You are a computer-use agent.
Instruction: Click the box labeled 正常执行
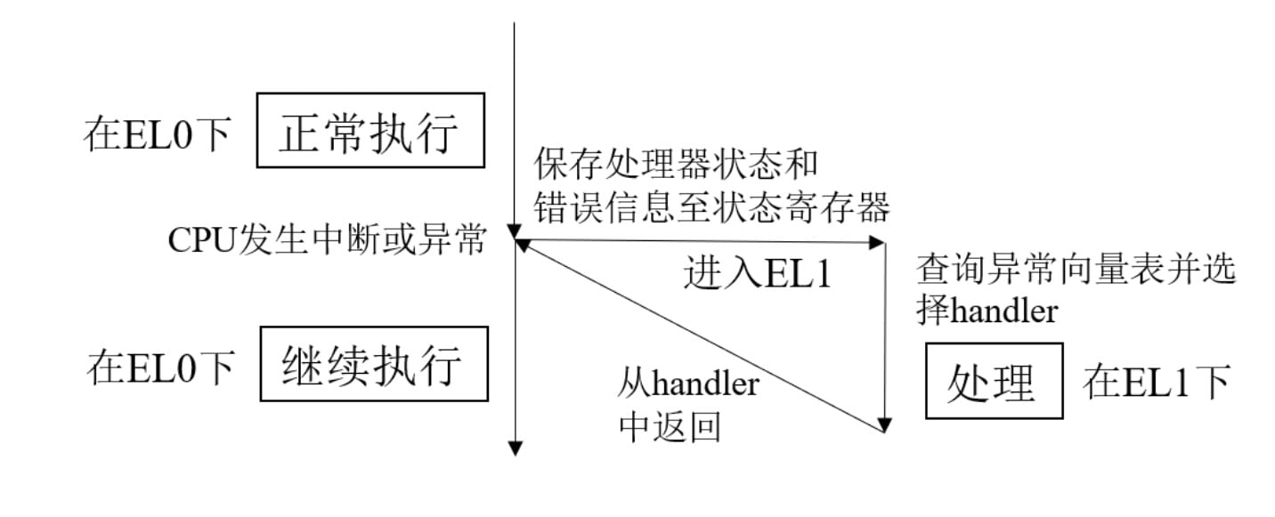[x=370, y=130]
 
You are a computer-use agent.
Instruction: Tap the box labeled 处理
[x=994, y=380]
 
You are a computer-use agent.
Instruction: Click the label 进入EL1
[x=757, y=274]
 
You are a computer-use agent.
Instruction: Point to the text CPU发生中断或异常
[x=327, y=240]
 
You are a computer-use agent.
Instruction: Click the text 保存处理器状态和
[x=676, y=165]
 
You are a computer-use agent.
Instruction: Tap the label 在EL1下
[x=1156, y=382]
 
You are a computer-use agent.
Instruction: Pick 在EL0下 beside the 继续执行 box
[x=161, y=366]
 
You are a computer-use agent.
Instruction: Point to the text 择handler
[x=987, y=311]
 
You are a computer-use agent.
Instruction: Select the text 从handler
[x=688, y=385]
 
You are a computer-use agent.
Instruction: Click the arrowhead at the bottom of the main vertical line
[x=515, y=448]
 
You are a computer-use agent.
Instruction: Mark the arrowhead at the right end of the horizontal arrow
[x=879, y=242]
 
